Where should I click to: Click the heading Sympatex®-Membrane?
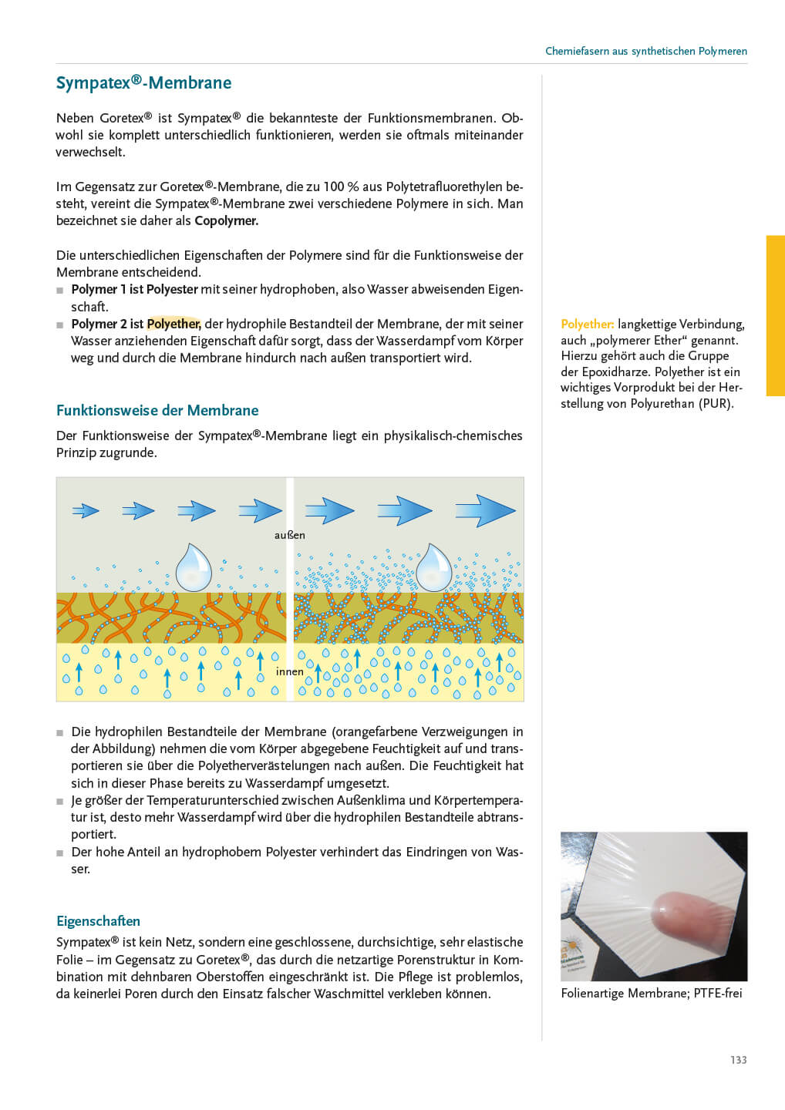143,83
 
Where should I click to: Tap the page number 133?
738,1060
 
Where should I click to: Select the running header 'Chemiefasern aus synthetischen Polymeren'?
645,51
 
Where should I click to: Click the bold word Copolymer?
226,220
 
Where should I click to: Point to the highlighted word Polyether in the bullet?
174,324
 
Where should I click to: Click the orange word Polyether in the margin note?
587,325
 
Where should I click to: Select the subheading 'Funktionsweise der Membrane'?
157,410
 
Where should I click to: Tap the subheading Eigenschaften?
98,920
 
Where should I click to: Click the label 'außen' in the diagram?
289,535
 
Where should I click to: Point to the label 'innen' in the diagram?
289,671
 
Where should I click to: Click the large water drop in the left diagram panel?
193,567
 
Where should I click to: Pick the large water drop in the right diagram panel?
433,567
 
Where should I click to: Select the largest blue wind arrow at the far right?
485,510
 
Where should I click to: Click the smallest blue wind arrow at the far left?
86,510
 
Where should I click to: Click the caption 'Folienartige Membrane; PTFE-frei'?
652,993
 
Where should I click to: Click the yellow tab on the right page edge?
774,315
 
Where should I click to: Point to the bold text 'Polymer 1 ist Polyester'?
134,289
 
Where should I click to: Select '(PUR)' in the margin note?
716,403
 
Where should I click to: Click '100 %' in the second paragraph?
334,187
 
